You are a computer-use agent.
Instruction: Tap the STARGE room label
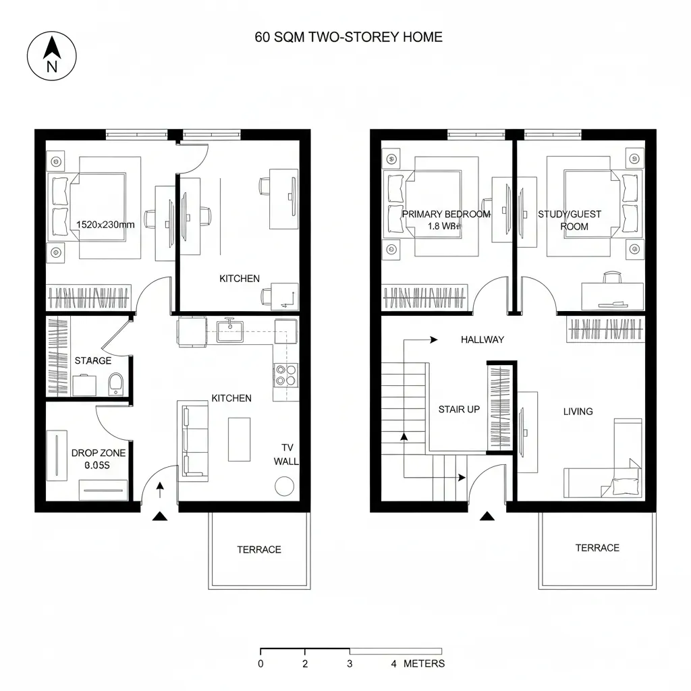(93, 361)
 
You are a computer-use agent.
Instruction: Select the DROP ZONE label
(99, 453)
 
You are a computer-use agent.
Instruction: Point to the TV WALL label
(286, 455)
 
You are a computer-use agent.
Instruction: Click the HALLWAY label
(482, 339)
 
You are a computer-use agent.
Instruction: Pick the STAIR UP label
(459, 410)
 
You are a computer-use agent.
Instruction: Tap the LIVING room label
(578, 411)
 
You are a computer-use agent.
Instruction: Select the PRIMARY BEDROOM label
(446, 214)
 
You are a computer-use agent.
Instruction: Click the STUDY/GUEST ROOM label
(570, 220)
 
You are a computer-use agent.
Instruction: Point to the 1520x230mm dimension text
(105, 225)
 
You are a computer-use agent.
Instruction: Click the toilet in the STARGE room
(115, 383)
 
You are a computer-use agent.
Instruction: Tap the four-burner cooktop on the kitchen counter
(285, 375)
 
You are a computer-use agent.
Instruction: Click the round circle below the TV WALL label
(284, 486)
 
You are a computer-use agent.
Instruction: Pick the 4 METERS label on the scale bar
(418, 663)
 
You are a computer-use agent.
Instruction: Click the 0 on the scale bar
(260, 663)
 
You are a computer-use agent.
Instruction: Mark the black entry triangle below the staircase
(487, 517)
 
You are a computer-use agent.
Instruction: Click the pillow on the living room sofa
(624, 484)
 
